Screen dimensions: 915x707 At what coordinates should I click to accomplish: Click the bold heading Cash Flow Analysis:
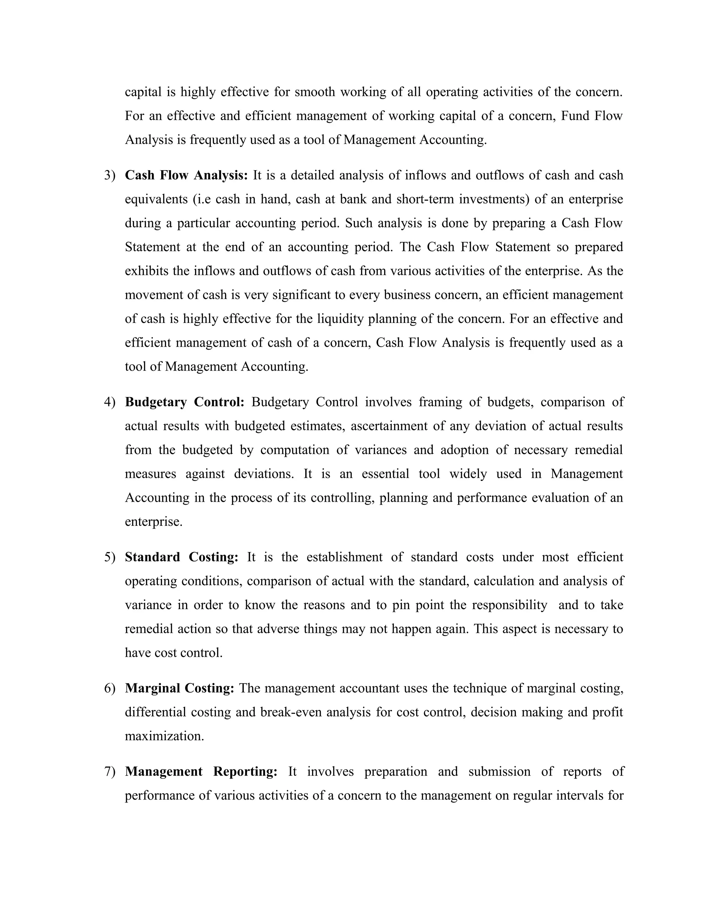click(x=186, y=175)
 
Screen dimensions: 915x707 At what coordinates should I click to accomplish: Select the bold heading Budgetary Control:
click(x=184, y=402)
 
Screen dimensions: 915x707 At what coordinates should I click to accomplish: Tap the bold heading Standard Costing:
click(x=181, y=557)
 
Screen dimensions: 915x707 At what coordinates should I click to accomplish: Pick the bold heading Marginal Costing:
click(x=179, y=688)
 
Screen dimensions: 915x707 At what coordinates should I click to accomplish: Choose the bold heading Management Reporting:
click(x=201, y=771)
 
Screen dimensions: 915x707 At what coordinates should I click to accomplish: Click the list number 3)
click(x=109, y=175)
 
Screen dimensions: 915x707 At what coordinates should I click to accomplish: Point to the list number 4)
click(x=109, y=402)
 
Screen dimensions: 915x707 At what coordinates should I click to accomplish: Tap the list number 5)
click(x=109, y=557)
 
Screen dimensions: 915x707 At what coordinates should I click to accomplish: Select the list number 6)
click(x=109, y=688)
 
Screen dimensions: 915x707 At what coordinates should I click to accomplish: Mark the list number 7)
click(x=109, y=771)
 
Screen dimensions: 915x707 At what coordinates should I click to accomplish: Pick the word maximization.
click(x=164, y=736)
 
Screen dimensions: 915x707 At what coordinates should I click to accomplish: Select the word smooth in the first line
click(x=314, y=92)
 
